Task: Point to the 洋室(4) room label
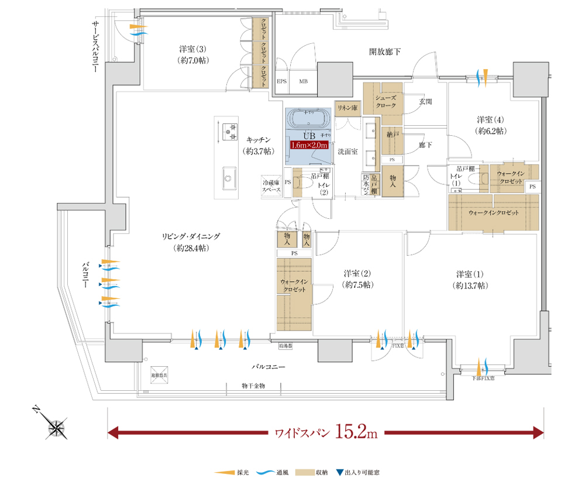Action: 490,119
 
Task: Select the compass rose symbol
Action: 57,427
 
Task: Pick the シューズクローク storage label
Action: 386,102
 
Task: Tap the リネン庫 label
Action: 346,108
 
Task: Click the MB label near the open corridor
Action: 304,81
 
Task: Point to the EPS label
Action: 281,81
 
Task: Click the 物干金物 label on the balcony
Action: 253,386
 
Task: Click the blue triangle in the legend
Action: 340,472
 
